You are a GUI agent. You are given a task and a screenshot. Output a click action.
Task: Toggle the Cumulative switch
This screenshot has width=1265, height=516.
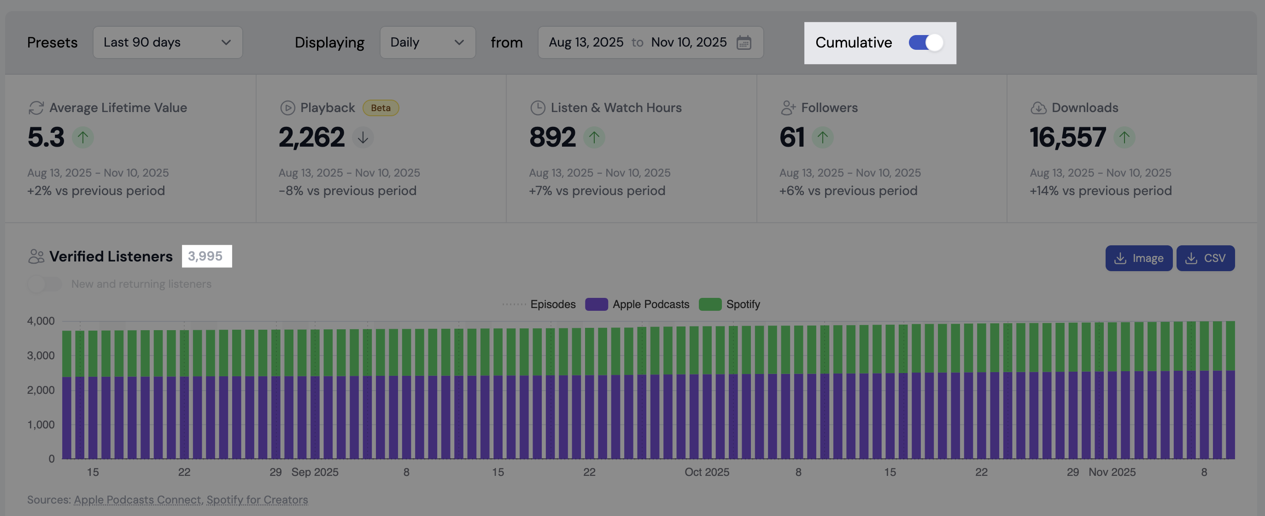(925, 42)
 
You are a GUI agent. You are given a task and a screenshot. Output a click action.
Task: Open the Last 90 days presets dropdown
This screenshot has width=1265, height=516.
(168, 42)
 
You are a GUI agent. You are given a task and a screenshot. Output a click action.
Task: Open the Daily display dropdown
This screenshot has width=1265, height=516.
(427, 42)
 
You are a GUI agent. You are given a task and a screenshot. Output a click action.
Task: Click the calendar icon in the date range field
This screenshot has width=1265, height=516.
(744, 42)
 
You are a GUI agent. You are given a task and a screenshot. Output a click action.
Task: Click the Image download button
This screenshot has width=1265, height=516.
(1138, 258)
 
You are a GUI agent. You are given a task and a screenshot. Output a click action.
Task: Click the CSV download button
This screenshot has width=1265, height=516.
(1205, 258)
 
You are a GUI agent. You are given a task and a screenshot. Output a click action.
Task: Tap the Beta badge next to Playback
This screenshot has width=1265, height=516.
(381, 107)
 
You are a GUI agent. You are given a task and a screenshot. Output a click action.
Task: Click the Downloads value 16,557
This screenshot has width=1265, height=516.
(1067, 137)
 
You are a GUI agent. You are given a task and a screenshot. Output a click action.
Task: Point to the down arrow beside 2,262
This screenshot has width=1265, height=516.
(363, 137)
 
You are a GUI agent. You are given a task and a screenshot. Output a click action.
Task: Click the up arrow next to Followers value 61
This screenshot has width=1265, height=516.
(823, 137)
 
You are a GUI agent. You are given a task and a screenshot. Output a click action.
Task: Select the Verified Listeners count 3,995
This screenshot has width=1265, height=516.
(205, 256)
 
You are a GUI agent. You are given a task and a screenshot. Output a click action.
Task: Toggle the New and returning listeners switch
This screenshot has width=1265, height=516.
(45, 284)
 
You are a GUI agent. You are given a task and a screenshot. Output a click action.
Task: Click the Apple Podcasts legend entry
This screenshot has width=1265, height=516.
(637, 304)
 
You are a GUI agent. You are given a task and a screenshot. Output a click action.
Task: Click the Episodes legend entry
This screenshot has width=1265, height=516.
(539, 304)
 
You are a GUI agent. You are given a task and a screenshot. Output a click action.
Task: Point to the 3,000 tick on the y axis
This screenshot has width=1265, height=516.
(41, 356)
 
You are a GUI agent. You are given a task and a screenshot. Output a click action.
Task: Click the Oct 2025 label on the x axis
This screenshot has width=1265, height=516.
(707, 472)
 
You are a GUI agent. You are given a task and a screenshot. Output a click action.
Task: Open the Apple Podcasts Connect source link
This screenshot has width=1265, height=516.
(137, 499)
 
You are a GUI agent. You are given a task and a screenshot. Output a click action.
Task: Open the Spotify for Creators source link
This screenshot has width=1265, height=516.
(257, 499)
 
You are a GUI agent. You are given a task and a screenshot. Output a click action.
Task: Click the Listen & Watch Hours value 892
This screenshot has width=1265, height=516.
(552, 137)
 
